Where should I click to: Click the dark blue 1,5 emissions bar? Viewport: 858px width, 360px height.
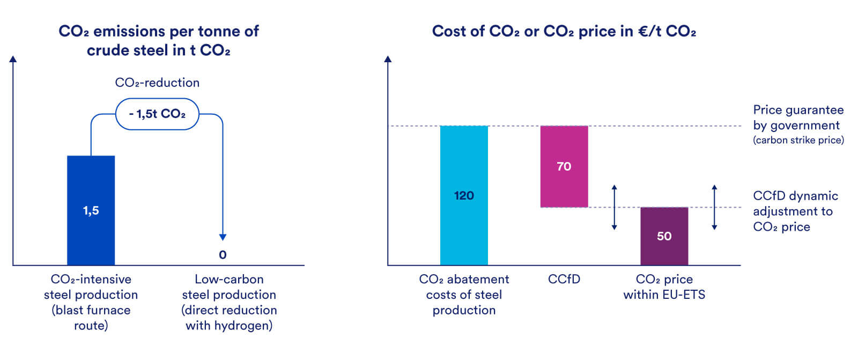(91, 210)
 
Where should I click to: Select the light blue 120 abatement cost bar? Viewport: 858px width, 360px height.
(464, 195)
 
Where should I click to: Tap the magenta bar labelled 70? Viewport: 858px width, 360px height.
(564, 166)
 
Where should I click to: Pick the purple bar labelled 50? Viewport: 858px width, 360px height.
(664, 236)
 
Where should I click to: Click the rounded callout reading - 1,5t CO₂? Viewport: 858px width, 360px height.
(157, 114)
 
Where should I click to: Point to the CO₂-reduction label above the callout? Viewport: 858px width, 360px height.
(157, 83)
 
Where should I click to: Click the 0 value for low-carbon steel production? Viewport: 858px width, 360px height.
(223, 255)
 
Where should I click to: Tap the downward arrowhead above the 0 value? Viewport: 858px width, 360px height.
(223, 237)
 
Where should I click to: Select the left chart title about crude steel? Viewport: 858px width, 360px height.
(158, 41)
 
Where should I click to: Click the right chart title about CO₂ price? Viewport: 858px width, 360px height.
(564, 32)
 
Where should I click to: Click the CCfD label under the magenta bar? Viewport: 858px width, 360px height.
(564, 279)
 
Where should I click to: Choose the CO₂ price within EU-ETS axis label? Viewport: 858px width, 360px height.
(664, 286)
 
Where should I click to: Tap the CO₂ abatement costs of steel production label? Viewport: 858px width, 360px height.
(464, 294)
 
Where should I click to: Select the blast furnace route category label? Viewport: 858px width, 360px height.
(91, 302)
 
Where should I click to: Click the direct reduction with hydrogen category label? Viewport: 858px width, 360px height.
(229, 302)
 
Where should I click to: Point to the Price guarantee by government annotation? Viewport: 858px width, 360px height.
(798, 117)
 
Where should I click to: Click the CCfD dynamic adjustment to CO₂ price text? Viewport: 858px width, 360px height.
(795, 211)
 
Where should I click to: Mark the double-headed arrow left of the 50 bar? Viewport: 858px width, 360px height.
(614, 208)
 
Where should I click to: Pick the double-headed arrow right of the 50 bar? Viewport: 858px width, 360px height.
(714, 208)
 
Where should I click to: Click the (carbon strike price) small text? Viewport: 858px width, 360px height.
(798, 140)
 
